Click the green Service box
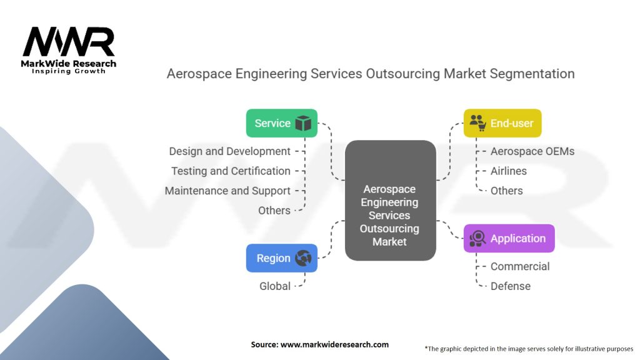tap(281, 123)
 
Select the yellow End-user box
tap(502, 123)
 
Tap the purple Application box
tap(509, 238)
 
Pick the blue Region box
tap(281, 258)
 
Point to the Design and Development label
tap(229, 151)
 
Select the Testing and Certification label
tap(231, 171)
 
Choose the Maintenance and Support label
tap(227, 191)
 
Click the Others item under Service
tap(274, 211)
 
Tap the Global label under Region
tap(275, 286)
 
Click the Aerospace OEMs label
tap(532, 151)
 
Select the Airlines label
tap(508, 171)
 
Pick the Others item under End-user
tap(506, 191)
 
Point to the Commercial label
tap(520, 266)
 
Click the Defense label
tap(510, 286)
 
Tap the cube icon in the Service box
tap(303, 123)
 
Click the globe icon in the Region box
tap(303, 258)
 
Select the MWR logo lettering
tap(69, 42)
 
